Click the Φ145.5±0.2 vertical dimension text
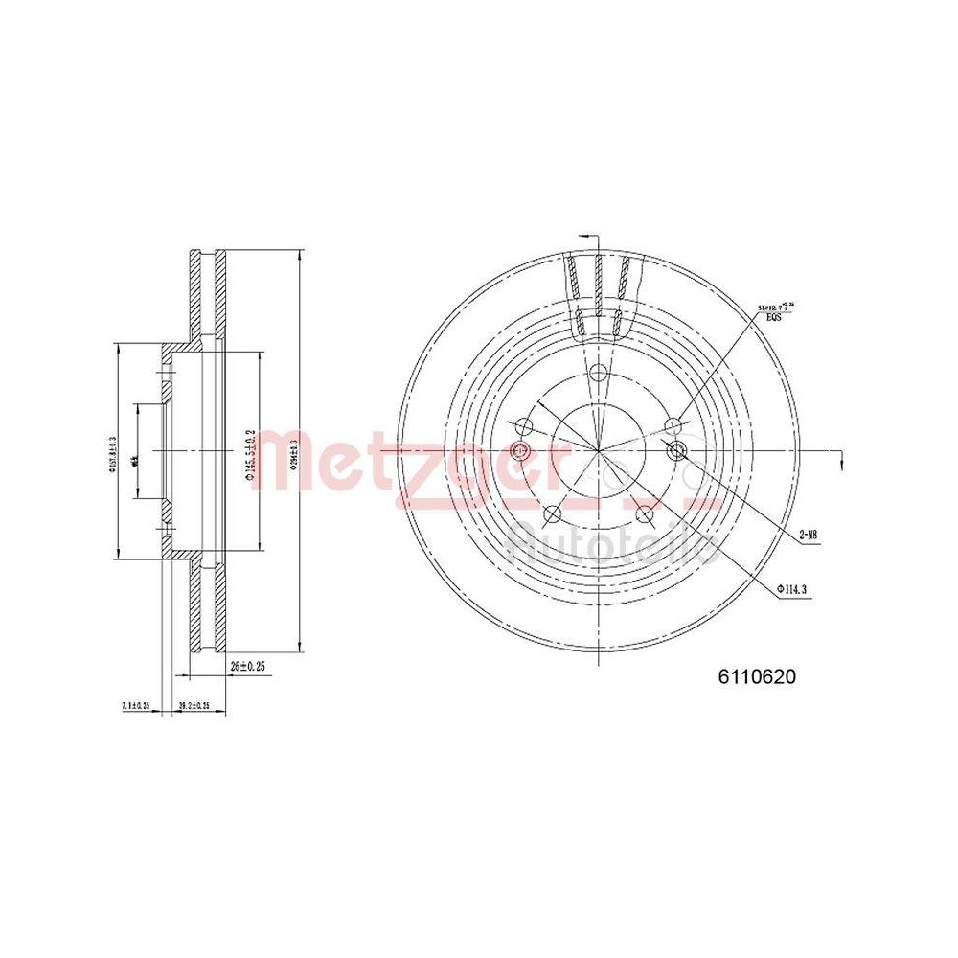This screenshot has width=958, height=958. [x=248, y=454]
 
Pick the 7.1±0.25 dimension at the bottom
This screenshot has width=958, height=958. [x=137, y=706]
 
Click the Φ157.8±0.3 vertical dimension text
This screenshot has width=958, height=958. [x=112, y=453]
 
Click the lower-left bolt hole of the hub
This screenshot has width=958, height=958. [x=552, y=514]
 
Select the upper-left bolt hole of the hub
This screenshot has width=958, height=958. [x=523, y=425]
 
